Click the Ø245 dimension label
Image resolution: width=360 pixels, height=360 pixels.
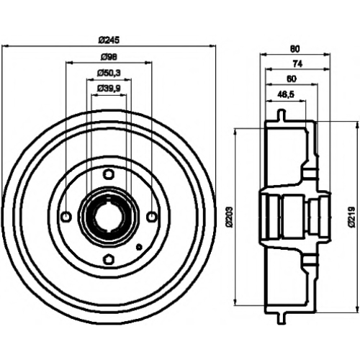click(109, 40)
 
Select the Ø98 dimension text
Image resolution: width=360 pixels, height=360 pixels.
click(109, 57)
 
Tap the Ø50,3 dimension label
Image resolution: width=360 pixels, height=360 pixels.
click(109, 73)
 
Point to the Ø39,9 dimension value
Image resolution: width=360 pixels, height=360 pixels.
click(109, 89)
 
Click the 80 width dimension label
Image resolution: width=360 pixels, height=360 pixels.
click(295, 49)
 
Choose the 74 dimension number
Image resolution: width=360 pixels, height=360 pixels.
click(297, 64)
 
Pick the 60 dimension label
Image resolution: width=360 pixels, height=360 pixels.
click(292, 79)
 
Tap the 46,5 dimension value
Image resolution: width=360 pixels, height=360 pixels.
click(286, 94)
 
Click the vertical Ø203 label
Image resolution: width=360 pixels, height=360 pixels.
click(229, 216)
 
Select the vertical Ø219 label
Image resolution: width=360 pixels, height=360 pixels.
click(352, 217)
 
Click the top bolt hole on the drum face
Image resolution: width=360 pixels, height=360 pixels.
click(109, 174)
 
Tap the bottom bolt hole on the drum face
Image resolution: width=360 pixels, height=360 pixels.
click(109, 259)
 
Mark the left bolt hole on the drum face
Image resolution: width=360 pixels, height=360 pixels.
click(66, 217)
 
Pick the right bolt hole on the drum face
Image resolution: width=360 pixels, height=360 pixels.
click(151, 217)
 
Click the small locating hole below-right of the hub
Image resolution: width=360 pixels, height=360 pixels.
click(139, 247)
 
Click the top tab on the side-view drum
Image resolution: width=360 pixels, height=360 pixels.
click(282, 115)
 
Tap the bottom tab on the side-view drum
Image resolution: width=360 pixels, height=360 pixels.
click(282, 318)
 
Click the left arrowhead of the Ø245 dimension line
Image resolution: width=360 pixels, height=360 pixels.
click(5, 45)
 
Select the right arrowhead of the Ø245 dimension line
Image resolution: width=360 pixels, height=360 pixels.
click(212, 45)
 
